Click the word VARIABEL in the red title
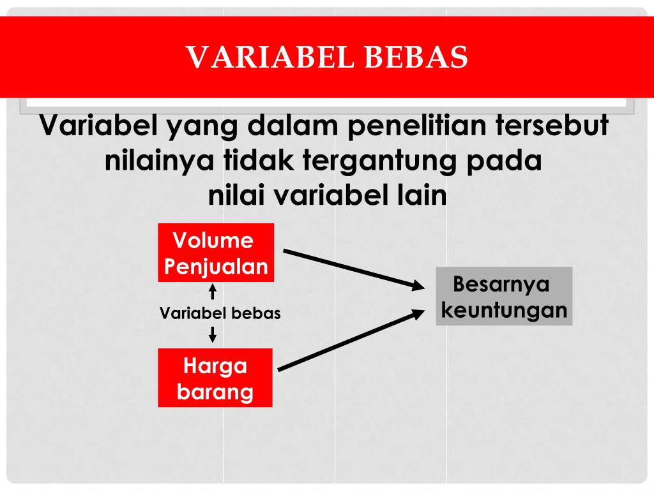(x=270, y=57)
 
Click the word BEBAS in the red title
(x=416, y=57)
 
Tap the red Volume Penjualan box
(x=216, y=253)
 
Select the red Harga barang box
(x=215, y=378)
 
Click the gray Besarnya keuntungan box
(x=504, y=296)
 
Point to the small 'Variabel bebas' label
(x=220, y=313)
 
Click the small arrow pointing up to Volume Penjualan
(x=213, y=292)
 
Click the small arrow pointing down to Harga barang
(x=213, y=334)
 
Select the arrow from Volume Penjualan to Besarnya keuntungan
(x=354, y=269)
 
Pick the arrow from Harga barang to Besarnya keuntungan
(x=351, y=339)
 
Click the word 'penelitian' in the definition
(x=416, y=126)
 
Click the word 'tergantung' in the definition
(x=379, y=161)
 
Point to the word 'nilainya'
(x=159, y=161)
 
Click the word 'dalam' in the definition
(x=293, y=124)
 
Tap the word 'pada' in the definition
(x=504, y=161)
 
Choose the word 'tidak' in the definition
(x=258, y=160)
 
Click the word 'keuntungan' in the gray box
(x=505, y=311)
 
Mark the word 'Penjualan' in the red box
(x=216, y=267)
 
